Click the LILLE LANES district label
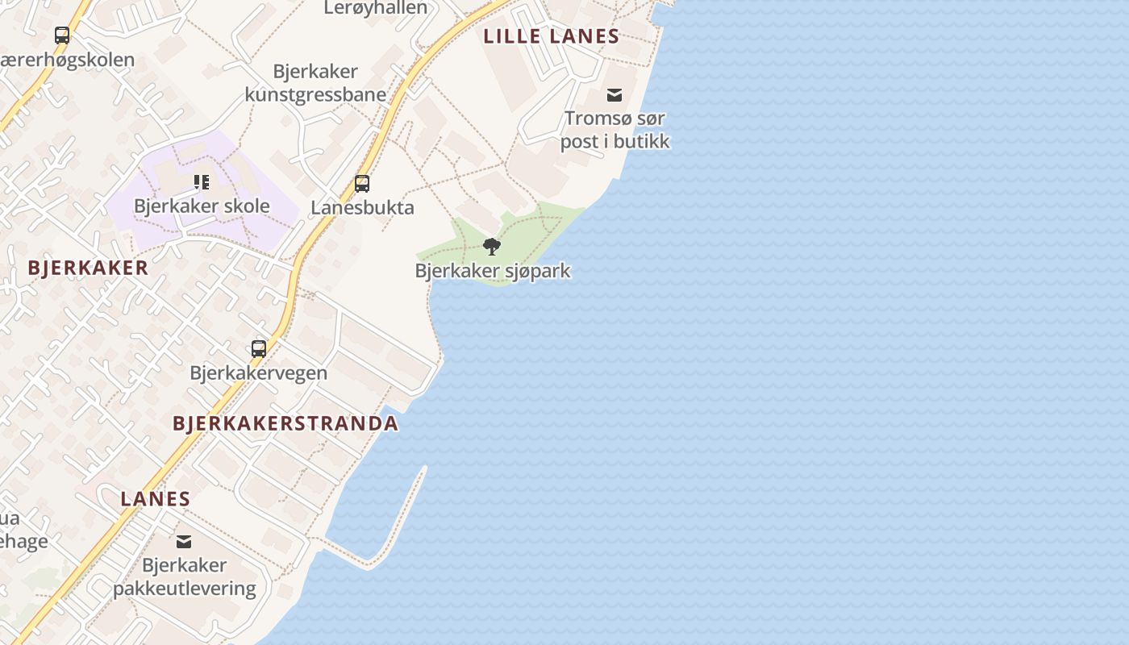point(551,36)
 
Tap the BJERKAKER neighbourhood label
point(88,268)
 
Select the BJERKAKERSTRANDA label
point(285,423)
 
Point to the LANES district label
point(155,499)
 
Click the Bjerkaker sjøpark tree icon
point(491,247)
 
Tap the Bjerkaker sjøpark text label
point(492,271)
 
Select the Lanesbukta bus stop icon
point(362,184)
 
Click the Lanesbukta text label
point(362,207)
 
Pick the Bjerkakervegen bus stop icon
point(258,349)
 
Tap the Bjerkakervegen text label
point(258,372)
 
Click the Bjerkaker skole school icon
point(202,182)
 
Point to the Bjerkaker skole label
point(202,206)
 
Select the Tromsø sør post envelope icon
point(614,95)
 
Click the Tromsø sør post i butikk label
point(614,130)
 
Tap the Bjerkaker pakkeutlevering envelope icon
point(184,542)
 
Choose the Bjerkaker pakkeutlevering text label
point(184,576)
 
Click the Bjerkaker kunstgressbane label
point(315,83)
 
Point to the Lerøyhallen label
point(375,8)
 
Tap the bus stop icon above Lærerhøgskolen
point(62,35)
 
